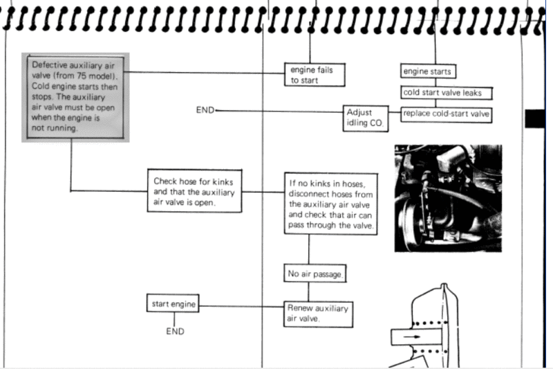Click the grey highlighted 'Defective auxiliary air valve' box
coord(75,96)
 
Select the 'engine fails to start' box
coord(315,75)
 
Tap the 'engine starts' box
coord(428,71)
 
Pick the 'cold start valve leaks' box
coord(447,93)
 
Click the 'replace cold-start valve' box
coord(447,114)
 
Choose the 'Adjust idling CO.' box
coord(366,118)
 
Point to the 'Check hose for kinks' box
coord(195,192)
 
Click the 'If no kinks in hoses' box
coord(331,204)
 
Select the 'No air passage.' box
coord(315,274)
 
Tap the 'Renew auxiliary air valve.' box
coord(317,314)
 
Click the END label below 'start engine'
coord(175,332)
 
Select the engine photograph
coord(448,198)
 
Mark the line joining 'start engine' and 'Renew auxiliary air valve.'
coord(241,306)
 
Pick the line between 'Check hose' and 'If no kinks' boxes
coord(263,192)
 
